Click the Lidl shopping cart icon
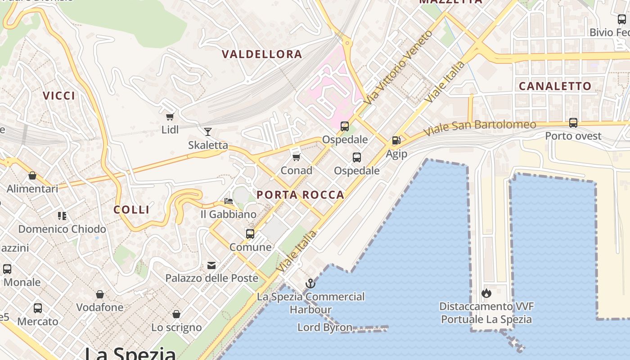click(170, 117)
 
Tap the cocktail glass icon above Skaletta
click(208, 132)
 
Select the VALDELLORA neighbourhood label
click(262, 54)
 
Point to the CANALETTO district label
click(555, 86)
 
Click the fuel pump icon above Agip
click(396, 140)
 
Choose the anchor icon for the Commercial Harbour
click(310, 283)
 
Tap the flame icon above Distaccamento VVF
click(486, 293)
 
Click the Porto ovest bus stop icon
click(573, 122)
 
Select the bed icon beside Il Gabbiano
click(229, 201)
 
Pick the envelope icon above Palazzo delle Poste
click(211, 265)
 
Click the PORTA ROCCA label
click(300, 195)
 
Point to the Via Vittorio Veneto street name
click(398, 67)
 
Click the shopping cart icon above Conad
click(296, 157)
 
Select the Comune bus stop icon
click(250, 234)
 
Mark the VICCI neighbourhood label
click(59, 95)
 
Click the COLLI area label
click(131, 210)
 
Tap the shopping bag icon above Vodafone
click(100, 294)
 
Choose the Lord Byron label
click(324, 327)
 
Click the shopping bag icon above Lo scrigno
click(176, 314)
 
